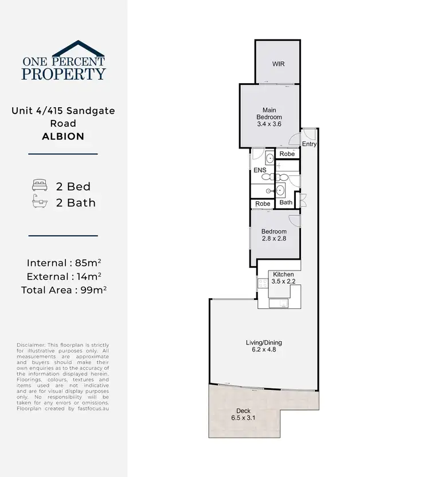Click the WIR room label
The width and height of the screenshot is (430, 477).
tap(278, 65)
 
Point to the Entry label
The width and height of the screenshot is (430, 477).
tap(309, 144)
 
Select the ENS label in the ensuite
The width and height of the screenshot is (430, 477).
tap(259, 171)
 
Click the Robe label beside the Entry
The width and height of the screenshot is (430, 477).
tap(287, 154)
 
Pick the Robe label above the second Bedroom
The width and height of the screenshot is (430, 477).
tap(263, 204)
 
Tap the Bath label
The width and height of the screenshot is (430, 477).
tap(286, 202)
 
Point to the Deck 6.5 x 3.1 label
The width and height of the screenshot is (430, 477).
tap(243, 415)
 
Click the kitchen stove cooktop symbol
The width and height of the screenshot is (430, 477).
tap(263, 282)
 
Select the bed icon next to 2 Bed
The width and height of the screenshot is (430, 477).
tap(40, 186)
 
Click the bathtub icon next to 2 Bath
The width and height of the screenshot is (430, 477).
tap(40, 202)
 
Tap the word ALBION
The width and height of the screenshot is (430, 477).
tap(63, 136)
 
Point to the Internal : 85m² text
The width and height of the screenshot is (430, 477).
tap(64, 263)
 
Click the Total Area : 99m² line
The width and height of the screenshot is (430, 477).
tap(64, 290)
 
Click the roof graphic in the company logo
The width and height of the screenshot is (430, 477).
tap(63, 49)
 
